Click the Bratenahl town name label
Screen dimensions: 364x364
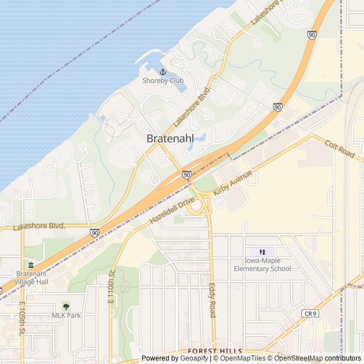(170, 138)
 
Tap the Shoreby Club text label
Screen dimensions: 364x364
(163, 81)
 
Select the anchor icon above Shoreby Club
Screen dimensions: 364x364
(163, 72)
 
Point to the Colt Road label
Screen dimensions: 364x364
(340, 150)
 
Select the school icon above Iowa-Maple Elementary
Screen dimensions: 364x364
(262, 252)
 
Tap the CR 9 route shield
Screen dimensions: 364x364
(311, 313)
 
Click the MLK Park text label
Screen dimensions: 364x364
(67, 316)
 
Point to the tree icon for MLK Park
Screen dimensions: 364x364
(67, 307)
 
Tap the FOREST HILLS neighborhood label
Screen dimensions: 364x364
(215, 351)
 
